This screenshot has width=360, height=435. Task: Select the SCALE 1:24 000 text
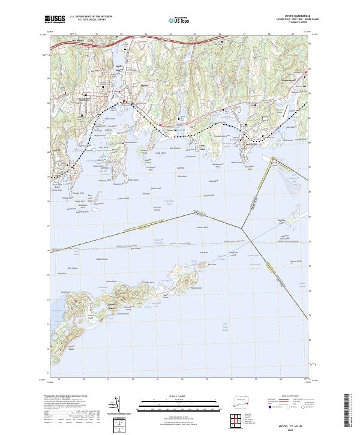(180, 396)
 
